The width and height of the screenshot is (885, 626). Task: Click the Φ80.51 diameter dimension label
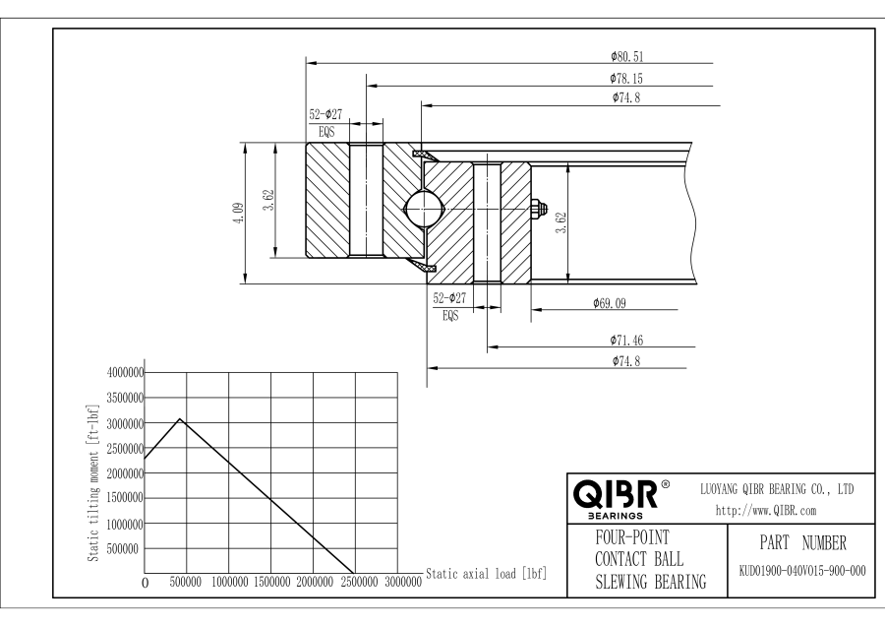(626, 56)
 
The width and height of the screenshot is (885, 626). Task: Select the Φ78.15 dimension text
(626, 79)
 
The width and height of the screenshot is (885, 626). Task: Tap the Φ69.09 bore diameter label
(610, 303)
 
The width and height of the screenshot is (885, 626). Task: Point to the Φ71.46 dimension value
(626, 341)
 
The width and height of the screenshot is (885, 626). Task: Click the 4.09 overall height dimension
(239, 213)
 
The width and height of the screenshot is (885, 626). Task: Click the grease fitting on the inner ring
(539, 209)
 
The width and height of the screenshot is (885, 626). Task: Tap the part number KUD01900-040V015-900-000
(802, 571)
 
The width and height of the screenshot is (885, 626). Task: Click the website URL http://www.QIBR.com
(766, 511)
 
